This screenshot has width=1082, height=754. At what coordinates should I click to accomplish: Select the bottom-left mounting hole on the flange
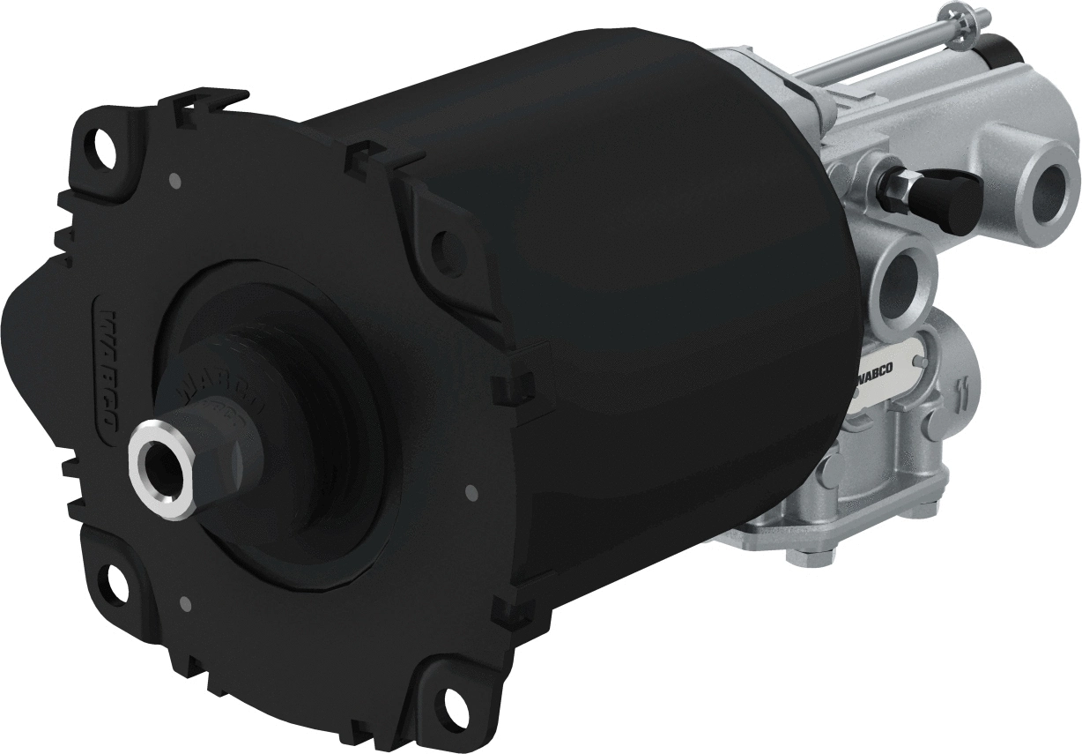(x=115, y=580)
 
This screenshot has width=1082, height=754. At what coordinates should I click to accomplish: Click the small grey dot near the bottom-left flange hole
(x=184, y=604)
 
